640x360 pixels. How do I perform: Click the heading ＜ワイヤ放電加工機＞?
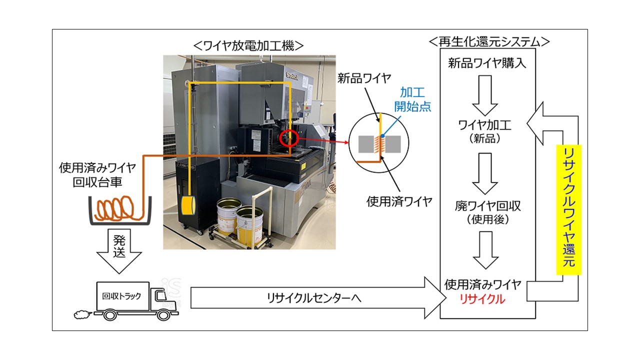248,45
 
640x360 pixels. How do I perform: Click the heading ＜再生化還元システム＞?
489,41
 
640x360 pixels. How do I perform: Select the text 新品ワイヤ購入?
487,63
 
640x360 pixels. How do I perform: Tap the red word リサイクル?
482,299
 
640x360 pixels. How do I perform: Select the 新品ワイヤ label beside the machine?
363,78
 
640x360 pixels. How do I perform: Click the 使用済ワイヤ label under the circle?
399,201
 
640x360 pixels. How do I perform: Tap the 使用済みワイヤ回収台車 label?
101,174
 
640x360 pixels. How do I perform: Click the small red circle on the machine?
289,137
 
